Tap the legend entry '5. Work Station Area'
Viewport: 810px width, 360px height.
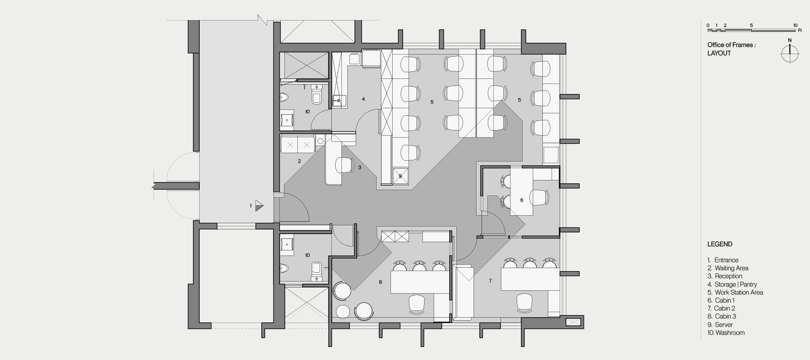pyautogui.click(x=735, y=292)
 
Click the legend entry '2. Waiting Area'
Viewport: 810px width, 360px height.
pyautogui.click(x=728, y=268)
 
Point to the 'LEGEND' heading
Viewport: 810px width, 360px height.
pyautogui.click(x=720, y=244)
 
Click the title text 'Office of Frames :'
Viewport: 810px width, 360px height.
pyautogui.click(x=731, y=45)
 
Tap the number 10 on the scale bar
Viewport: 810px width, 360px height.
pyautogui.click(x=795, y=26)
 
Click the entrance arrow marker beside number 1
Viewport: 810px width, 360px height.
pyautogui.click(x=259, y=206)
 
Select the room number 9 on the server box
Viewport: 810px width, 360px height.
pyautogui.click(x=400, y=176)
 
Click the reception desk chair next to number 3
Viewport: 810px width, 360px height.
pyautogui.click(x=344, y=164)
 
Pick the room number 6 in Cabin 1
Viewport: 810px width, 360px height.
pyautogui.click(x=522, y=200)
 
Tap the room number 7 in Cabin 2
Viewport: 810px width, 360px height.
pyautogui.click(x=490, y=281)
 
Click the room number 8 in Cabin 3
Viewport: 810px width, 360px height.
pyautogui.click(x=380, y=282)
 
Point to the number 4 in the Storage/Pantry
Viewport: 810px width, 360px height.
pyautogui.click(x=363, y=99)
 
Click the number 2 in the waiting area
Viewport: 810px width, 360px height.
pyautogui.click(x=300, y=161)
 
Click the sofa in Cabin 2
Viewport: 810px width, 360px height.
pyautogui.click(x=463, y=294)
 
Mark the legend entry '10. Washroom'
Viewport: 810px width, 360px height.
pyautogui.click(x=726, y=333)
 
